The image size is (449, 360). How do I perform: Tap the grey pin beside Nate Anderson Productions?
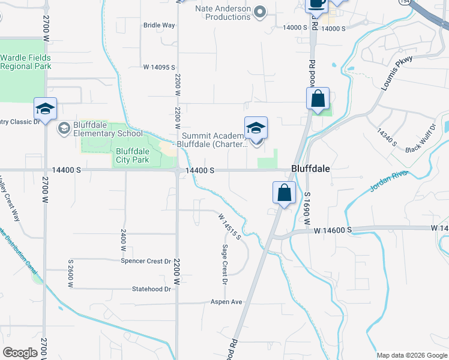[260, 11]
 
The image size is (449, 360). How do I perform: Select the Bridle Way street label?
[159, 25]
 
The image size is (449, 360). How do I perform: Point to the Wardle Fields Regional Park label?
[25, 62]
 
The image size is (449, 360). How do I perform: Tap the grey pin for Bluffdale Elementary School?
[64, 128]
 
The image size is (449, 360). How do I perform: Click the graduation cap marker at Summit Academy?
[256, 128]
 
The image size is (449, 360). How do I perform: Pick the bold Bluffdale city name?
[310, 169]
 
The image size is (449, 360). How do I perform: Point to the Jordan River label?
[388, 182]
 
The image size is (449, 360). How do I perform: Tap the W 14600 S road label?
[331, 230]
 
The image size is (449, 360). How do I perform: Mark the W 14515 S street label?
[229, 226]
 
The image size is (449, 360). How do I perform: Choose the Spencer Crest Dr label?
[146, 261]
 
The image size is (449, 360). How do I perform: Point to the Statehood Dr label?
[152, 289]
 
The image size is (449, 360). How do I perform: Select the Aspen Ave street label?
[226, 302]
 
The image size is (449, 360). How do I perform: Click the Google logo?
[20, 353]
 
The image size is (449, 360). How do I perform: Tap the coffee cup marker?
[316, 4]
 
